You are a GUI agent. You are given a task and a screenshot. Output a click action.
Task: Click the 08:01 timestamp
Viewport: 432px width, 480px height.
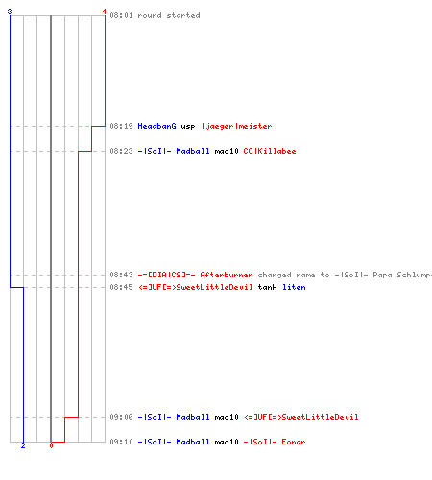tap(121, 15)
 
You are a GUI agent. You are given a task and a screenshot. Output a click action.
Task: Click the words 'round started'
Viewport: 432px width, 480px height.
tap(169, 15)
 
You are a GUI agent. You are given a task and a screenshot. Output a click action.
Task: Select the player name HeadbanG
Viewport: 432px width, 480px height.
tap(156, 126)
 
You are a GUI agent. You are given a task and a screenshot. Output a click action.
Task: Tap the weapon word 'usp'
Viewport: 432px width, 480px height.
tap(188, 127)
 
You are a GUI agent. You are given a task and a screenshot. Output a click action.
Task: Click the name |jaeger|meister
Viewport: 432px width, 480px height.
tap(236, 126)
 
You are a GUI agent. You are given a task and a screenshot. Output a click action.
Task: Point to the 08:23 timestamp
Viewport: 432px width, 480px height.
tap(121, 151)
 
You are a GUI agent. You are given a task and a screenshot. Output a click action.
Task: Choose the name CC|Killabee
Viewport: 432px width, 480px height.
tap(270, 151)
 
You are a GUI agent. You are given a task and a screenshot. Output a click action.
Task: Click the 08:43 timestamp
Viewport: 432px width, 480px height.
tap(121, 275)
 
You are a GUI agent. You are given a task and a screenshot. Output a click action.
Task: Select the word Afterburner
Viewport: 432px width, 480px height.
tap(227, 275)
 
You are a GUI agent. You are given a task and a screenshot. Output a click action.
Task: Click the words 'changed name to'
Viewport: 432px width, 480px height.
tap(294, 275)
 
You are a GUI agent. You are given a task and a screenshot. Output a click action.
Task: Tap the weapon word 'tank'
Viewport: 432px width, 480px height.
tap(267, 287)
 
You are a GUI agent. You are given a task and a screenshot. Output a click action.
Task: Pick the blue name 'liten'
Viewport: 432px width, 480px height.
tap(294, 287)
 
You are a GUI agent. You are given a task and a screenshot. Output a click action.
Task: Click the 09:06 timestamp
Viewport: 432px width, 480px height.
tap(121, 417)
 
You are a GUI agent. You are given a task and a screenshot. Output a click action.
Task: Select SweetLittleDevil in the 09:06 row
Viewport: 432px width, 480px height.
tap(320, 417)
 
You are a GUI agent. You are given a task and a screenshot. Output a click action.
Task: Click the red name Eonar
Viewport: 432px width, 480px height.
tap(294, 442)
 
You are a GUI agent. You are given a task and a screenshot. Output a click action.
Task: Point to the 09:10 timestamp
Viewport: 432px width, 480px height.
tap(121, 442)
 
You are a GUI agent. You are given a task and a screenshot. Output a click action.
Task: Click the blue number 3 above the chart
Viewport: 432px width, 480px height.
tap(10, 12)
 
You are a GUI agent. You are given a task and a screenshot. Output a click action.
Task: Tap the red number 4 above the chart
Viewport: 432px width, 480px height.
tap(105, 12)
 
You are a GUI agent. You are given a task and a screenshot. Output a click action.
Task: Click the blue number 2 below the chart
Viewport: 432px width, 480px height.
tap(23, 445)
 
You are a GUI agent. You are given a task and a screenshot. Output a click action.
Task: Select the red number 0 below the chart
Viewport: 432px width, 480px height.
tap(51, 445)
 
